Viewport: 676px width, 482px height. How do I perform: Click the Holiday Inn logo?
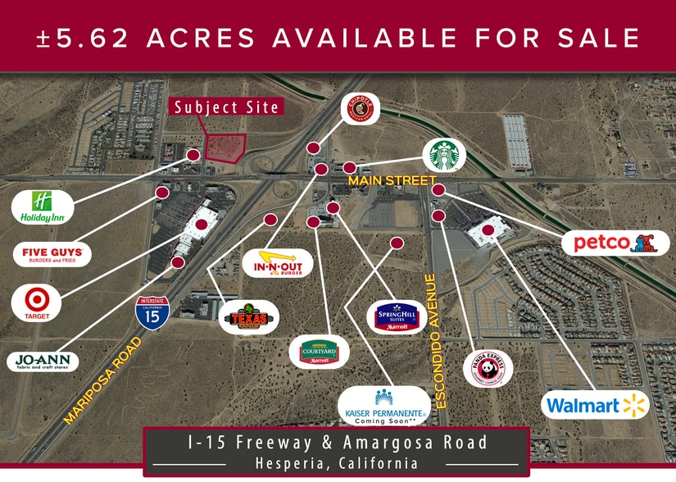(x=43, y=207)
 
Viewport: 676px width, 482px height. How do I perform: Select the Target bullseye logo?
(x=36, y=302)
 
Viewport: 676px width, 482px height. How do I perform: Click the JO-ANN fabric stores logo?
(x=43, y=361)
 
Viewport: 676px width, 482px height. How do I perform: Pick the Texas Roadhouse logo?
(x=248, y=317)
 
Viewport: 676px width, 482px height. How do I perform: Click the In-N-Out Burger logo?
(x=278, y=263)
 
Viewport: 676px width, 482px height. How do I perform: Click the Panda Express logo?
(x=488, y=368)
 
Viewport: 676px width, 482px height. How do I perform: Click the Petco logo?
(x=615, y=243)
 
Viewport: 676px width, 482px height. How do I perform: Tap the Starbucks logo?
(x=444, y=155)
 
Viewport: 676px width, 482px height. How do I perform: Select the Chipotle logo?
(x=361, y=109)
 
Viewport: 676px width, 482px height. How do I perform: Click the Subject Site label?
(x=226, y=107)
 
